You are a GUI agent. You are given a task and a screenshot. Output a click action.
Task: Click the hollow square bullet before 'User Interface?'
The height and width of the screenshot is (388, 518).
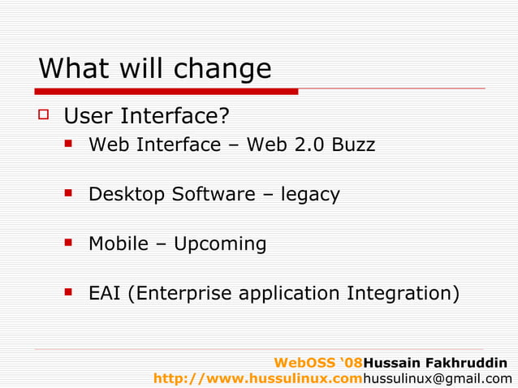45,117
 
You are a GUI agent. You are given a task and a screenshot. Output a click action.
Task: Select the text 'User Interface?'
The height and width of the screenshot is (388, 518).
146,117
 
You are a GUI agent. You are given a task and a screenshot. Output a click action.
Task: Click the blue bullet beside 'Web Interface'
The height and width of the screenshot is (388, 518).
71,144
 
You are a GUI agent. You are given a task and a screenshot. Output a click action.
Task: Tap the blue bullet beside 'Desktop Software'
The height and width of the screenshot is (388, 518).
71,193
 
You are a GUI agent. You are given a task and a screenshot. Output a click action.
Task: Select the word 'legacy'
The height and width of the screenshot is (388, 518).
310,195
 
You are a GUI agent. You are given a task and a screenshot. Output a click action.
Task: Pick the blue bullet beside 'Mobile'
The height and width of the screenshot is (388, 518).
71,243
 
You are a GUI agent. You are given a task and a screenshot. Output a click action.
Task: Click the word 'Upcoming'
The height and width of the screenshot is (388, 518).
220,244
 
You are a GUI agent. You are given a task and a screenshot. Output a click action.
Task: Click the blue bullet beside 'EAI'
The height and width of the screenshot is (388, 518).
71,291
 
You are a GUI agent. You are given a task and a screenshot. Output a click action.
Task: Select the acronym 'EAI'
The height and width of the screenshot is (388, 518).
104,292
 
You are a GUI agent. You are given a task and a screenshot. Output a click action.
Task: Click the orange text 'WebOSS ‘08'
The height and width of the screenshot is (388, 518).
318,362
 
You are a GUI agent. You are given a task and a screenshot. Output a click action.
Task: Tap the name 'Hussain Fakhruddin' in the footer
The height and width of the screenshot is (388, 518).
436,362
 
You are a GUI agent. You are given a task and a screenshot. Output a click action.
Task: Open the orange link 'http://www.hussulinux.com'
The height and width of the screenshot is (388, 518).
257,378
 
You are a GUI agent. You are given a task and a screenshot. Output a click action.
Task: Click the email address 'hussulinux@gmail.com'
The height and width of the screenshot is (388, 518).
438,378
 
